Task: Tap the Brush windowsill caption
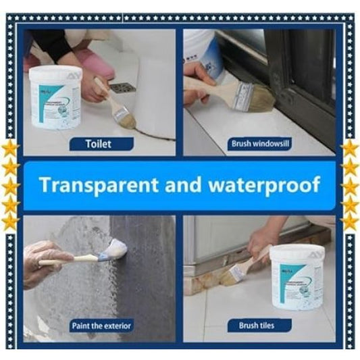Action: pyautogui.click(x=259, y=143)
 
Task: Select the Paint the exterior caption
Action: pyautogui.click(x=101, y=326)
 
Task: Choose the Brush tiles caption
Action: pyautogui.click(x=257, y=326)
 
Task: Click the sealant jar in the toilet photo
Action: pyautogui.click(x=56, y=95)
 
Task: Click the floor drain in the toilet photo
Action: pyautogui.click(x=122, y=88)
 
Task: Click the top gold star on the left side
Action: pyautogui.click(x=11, y=148)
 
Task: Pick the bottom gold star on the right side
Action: pyautogui.click(x=349, y=220)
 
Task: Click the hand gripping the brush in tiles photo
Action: pyautogui.click(x=260, y=239)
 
